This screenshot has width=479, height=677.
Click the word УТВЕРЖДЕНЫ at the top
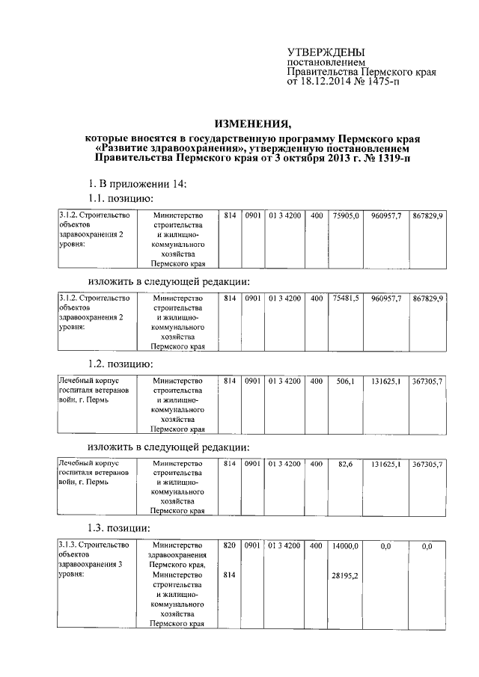click(326, 52)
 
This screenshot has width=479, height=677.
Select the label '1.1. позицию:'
click(120, 198)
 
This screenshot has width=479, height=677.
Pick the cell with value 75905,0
click(347, 215)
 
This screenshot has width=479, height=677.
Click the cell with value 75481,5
click(347, 298)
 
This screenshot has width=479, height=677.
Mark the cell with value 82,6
click(345, 464)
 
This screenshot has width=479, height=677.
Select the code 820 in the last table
click(229, 547)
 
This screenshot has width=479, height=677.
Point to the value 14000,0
click(347, 547)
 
